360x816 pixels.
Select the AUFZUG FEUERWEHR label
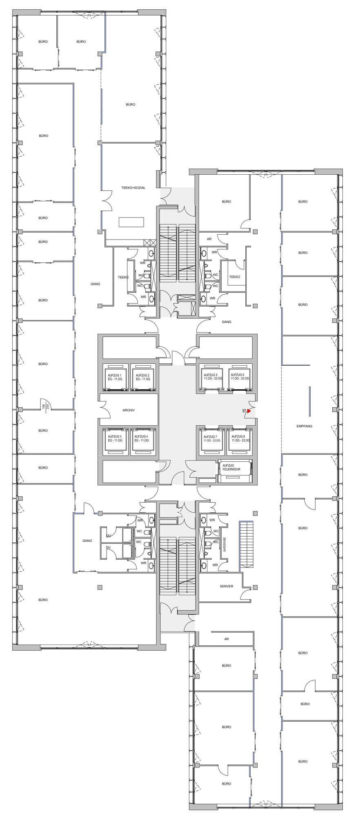(x=231, y=467)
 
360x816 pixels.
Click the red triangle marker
(x=249, y=411)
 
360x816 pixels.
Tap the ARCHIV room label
(x=128, y=410)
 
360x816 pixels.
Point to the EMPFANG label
(x=304, y=426)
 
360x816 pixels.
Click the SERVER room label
(x=227, y=586)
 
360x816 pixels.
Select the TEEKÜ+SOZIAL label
(x=133, y=188)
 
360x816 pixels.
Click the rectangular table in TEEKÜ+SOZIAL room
(x=131, y=222)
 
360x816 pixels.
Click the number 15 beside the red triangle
(x=244, y=411)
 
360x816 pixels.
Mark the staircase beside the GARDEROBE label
(x=246, y=545)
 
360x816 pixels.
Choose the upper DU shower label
(x=108, y=535)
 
